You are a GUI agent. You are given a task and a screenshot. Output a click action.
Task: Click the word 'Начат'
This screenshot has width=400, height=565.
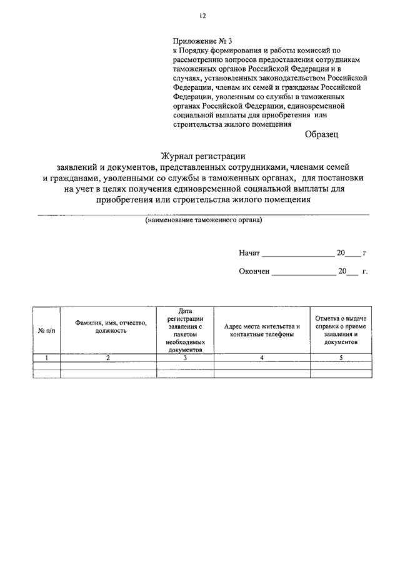248,253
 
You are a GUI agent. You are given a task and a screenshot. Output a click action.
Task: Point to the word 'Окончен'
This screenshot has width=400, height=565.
253,272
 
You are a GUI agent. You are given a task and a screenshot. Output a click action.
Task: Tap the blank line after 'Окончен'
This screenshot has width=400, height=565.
304,273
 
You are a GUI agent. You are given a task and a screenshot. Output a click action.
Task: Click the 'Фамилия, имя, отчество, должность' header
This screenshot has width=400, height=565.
108,327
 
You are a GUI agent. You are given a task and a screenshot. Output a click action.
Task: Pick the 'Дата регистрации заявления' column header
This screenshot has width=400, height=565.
184,330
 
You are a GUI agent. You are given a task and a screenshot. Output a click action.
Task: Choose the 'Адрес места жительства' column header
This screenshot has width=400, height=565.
262,330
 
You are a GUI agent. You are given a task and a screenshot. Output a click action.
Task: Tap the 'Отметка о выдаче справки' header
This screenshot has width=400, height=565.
341,330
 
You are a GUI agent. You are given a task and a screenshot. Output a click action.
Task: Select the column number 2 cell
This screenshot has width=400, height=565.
108,357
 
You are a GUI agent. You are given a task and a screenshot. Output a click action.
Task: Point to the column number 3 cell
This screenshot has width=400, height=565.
184,357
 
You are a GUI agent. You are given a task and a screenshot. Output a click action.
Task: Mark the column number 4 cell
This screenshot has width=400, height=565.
262,357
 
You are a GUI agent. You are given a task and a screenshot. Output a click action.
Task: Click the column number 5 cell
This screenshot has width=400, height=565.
341,357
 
